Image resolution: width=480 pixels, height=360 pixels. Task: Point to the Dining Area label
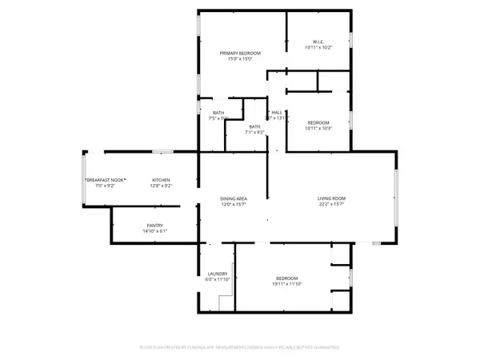pos(233,198)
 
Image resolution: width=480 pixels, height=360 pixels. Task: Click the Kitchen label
pos(162,180)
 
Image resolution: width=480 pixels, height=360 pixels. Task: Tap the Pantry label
pos(155,226)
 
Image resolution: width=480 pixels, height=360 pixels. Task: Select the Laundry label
pos(218,274)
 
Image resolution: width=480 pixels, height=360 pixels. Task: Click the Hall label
pos(277,113)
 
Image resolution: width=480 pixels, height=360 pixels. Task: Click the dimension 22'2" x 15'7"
pos(331,204)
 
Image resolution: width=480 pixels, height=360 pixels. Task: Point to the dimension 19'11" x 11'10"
pos(287,284)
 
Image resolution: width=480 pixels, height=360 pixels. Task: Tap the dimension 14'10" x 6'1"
pos(155,232)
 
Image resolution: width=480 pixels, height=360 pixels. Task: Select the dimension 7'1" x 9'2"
pos(254,133)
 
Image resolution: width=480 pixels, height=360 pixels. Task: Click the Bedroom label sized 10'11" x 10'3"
pos(318,122)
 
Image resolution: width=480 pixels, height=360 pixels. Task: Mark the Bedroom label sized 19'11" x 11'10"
pos(287,278)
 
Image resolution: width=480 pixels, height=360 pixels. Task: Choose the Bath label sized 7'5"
pos(218,112)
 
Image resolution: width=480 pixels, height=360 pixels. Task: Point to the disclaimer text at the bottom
pos(240,347)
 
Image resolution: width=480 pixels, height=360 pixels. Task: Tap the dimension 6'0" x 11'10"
pos(218,280)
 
